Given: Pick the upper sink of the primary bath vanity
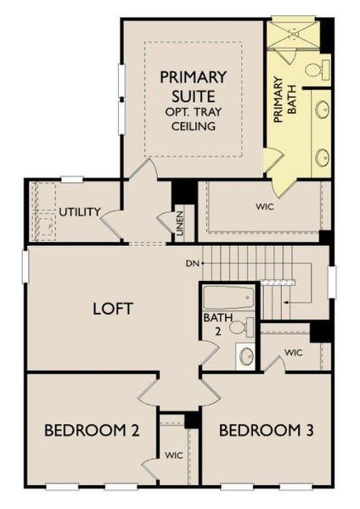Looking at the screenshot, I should [x=322, y=110].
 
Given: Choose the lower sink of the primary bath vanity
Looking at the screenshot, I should [x=322, y=156].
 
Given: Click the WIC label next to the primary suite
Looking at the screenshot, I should [x=265, y=205].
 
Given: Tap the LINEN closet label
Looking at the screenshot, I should [x=181, y=223].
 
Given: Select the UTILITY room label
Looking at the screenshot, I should [x=80, y=211].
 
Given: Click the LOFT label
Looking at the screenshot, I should [x=112, y=308].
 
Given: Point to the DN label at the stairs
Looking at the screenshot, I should [x=191, y=263].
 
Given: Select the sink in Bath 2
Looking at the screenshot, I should [x=246, y=355].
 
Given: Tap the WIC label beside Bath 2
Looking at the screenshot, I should [x=294, y=352].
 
